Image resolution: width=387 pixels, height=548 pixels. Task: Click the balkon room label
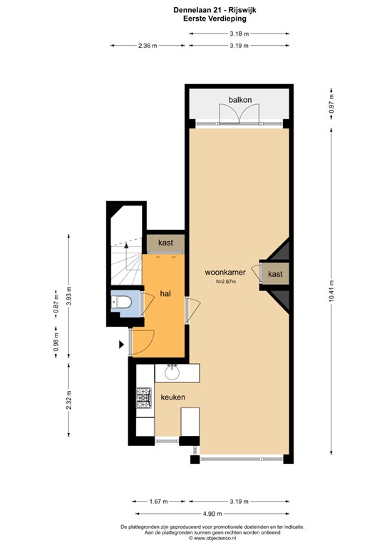point(239,101)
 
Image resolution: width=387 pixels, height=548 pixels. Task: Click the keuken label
point(173,397)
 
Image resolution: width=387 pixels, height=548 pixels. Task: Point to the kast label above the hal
point(165,243)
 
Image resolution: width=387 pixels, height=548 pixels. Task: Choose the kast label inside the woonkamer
point(276,274)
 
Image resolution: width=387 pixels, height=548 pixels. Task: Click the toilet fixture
point(123,303)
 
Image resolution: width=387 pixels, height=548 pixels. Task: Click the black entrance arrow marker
point(122,345)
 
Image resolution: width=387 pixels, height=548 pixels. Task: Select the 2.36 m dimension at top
point(148,46)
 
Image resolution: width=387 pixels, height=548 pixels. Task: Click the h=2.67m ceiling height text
point(225,282)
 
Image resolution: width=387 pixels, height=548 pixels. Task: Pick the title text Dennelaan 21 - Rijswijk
point(194,11)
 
